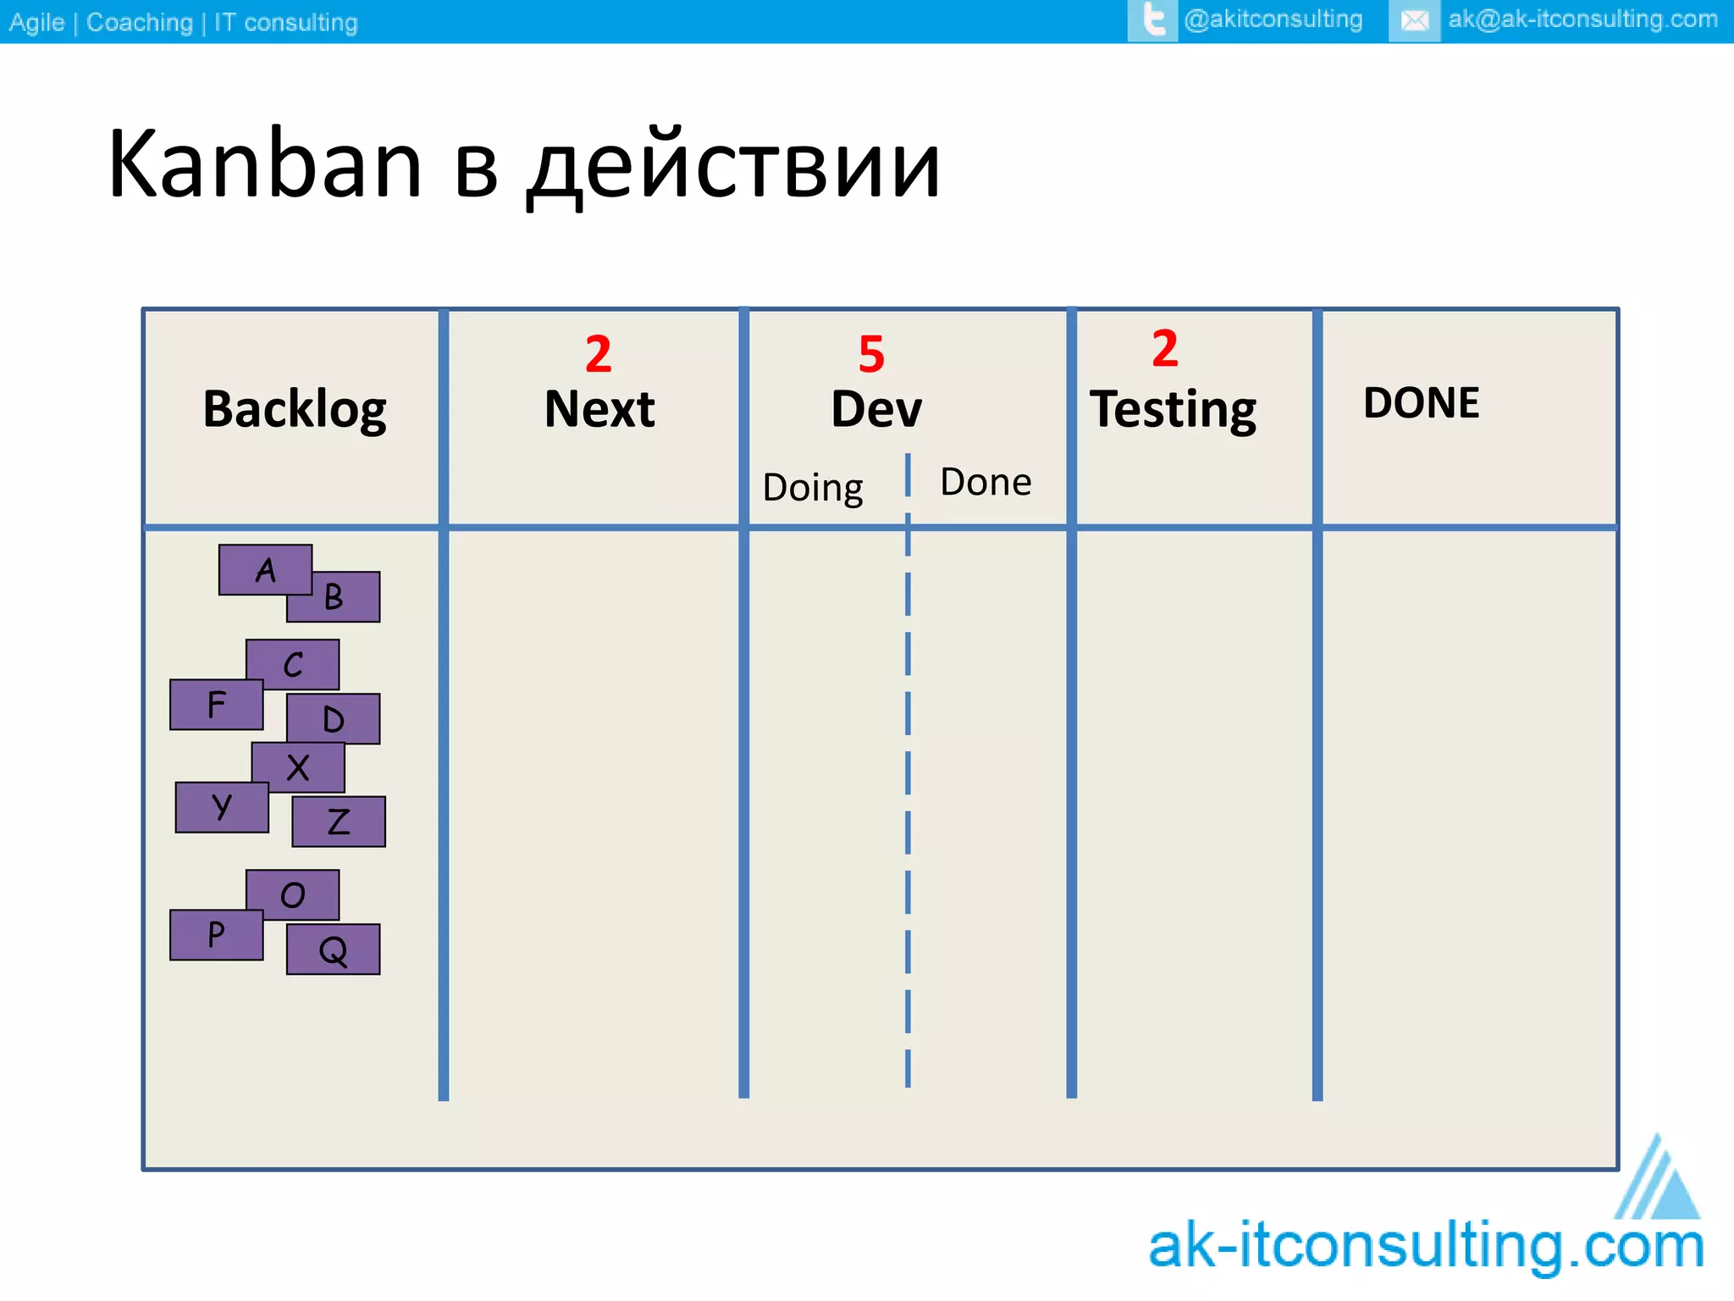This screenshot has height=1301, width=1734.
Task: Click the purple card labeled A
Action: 265,569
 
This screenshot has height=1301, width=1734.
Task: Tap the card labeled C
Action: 293,664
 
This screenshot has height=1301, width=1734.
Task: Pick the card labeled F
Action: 216,705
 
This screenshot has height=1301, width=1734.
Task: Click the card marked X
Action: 298,767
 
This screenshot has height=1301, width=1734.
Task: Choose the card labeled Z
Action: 339,822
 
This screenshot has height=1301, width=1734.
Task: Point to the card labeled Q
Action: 334,949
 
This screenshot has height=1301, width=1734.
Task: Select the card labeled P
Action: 216,935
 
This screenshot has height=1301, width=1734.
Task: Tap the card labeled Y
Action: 222,807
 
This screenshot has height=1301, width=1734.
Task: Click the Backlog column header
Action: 295,410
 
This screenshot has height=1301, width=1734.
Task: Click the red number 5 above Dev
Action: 871,354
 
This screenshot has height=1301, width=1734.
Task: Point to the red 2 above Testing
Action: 1165,348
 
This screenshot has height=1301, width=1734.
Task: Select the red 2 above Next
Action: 599,354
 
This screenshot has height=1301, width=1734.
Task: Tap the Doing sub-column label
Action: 813,488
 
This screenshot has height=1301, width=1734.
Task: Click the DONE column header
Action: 1422,403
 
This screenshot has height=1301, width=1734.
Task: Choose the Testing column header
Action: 1173,410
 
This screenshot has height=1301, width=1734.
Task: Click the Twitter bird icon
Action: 1153,20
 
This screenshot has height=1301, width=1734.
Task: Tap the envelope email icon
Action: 1414,20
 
